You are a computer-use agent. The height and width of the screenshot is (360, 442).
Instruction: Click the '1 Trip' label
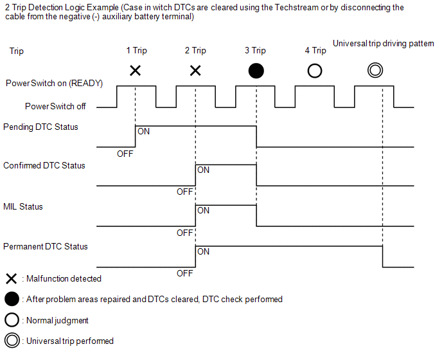(x=136, y=51)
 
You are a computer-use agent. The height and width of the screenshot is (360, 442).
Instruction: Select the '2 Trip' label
(x=195, y=51)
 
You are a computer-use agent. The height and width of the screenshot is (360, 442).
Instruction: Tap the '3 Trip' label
(x=255, y=51)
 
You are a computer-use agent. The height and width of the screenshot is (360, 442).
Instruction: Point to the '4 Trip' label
(x=315, y=51)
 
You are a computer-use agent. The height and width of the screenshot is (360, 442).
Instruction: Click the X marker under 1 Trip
(x=136, y=70)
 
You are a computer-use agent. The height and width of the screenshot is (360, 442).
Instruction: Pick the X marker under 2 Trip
(x=195, y=70)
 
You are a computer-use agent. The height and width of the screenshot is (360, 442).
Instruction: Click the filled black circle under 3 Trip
(x=256, y=71)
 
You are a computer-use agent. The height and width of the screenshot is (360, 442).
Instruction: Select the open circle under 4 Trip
(x=315, y=71)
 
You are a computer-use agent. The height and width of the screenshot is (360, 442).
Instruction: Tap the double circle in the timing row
(x=375, y=71)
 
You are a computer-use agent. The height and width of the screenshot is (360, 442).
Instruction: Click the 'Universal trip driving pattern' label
(x=383, y=44)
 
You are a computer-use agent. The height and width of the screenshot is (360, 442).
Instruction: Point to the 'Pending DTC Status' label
(x=40, y=127)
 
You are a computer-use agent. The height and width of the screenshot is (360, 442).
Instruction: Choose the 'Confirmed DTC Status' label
(x=44, y=166)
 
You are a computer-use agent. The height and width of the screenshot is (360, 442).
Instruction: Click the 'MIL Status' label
(x=23, y=207)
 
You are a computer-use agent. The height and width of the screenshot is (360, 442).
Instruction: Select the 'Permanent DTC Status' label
(x=46, y=247)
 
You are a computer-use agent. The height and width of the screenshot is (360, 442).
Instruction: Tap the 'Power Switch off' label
(x=55, y=106)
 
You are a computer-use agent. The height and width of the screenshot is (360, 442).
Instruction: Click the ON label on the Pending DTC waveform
(x=144, y=131)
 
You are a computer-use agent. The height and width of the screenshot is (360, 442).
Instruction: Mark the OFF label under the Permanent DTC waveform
(x=185, y=273)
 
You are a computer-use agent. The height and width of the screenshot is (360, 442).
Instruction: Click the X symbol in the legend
(x=11, y=278)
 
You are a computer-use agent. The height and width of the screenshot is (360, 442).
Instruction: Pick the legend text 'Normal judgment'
(x=57, y=320)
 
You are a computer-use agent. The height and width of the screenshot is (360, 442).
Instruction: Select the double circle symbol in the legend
(x=12, y=341)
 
